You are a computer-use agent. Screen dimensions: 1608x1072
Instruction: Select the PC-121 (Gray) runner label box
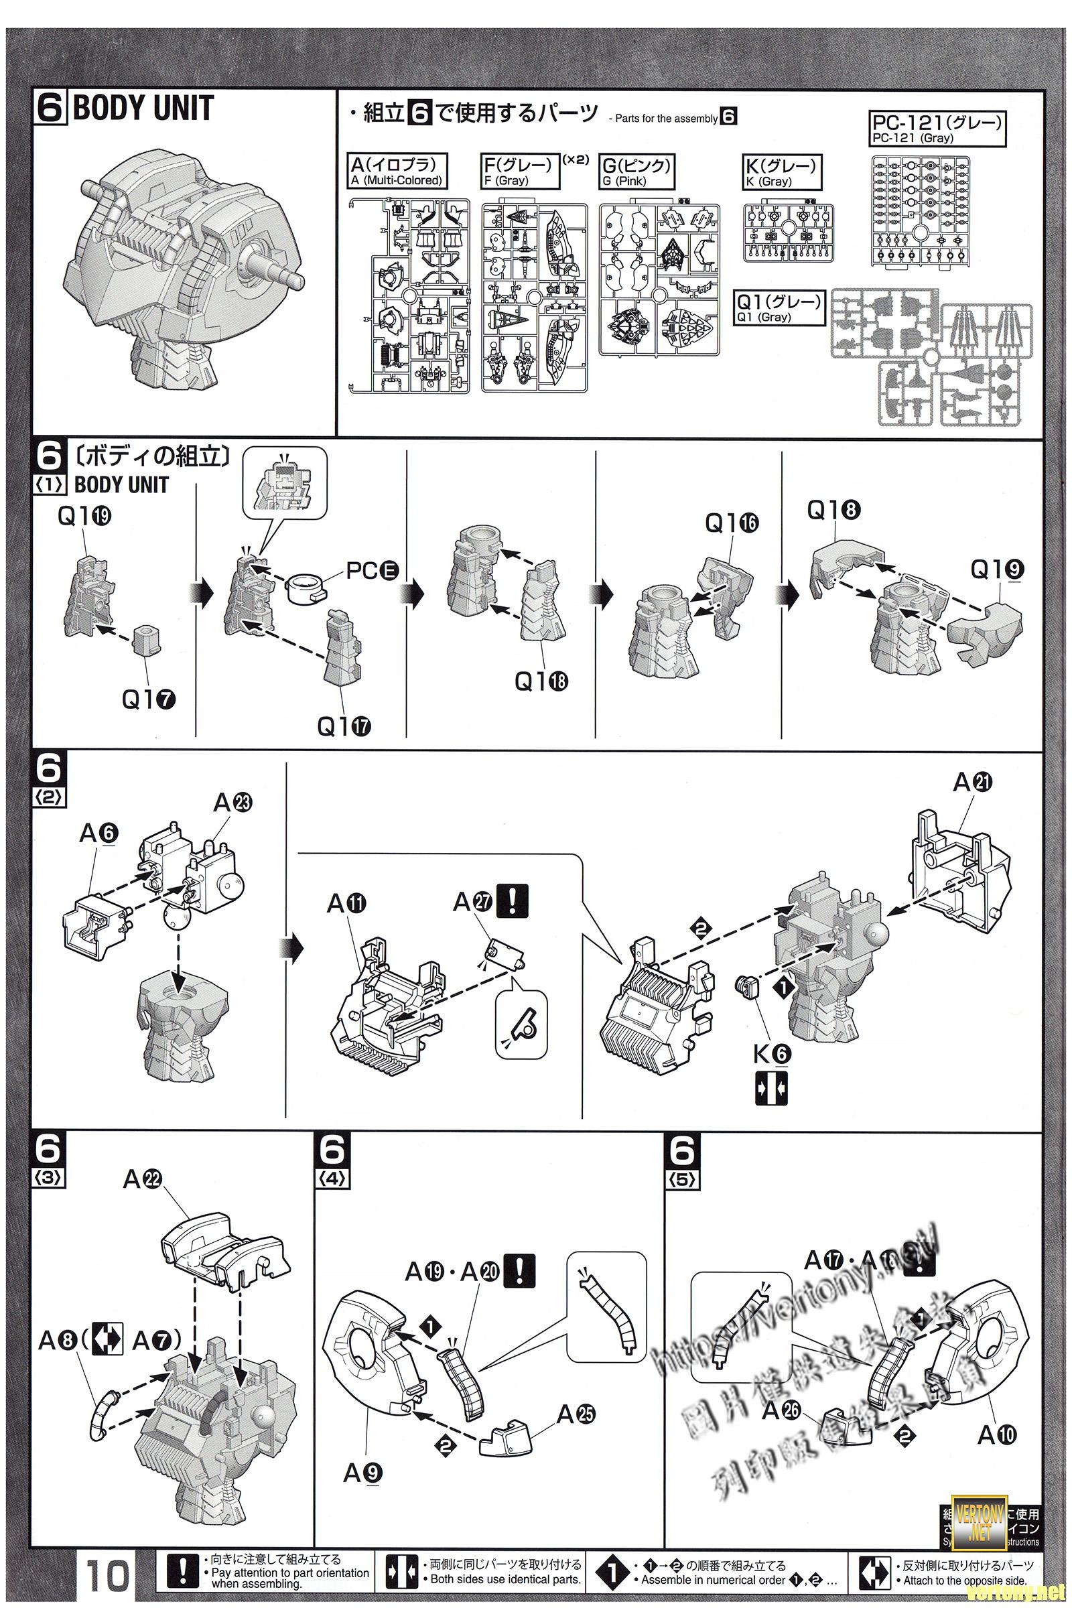click(x=938, y=129)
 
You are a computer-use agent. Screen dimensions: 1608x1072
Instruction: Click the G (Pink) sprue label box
click(x=636, y=171)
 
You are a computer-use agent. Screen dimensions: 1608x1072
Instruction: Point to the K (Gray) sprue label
click(x=781, y=171)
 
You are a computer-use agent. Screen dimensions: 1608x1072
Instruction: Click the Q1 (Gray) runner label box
click(x=779, y=308)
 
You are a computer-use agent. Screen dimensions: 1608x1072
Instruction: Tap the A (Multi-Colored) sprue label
click(x=397, y=171)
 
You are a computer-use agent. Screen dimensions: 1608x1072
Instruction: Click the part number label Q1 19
click(x=84, y=517)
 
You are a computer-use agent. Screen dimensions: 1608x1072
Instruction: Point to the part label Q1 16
click(x=732, y=524)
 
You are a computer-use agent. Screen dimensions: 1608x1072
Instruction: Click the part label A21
click(x=973, y=782)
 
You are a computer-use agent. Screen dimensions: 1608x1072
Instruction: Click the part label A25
click(x=576, y=1428)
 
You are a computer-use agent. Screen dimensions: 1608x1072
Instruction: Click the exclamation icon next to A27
click(x=513, y=901)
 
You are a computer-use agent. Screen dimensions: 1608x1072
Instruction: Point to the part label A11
click(x=346, y=904)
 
